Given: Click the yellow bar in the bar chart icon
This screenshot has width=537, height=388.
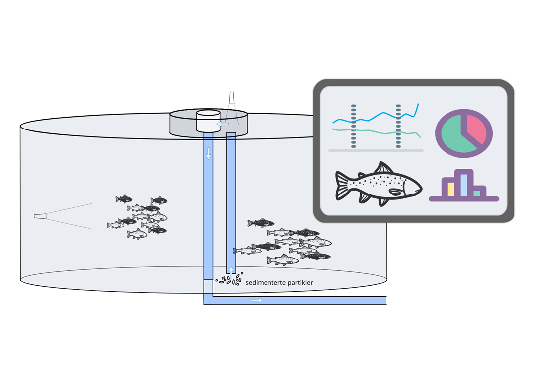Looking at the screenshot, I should point(451,190).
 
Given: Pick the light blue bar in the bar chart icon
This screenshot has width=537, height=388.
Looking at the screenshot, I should point(464,185).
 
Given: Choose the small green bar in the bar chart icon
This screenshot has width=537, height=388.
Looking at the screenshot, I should point(477,194).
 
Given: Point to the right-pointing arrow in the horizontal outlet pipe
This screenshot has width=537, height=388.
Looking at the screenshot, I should point(257,300).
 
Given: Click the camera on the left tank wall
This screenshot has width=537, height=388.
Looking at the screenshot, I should point(40,216).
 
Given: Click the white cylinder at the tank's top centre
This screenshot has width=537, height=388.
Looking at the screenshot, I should point(208,121).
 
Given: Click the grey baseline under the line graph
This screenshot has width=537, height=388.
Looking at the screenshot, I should point(375,150).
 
